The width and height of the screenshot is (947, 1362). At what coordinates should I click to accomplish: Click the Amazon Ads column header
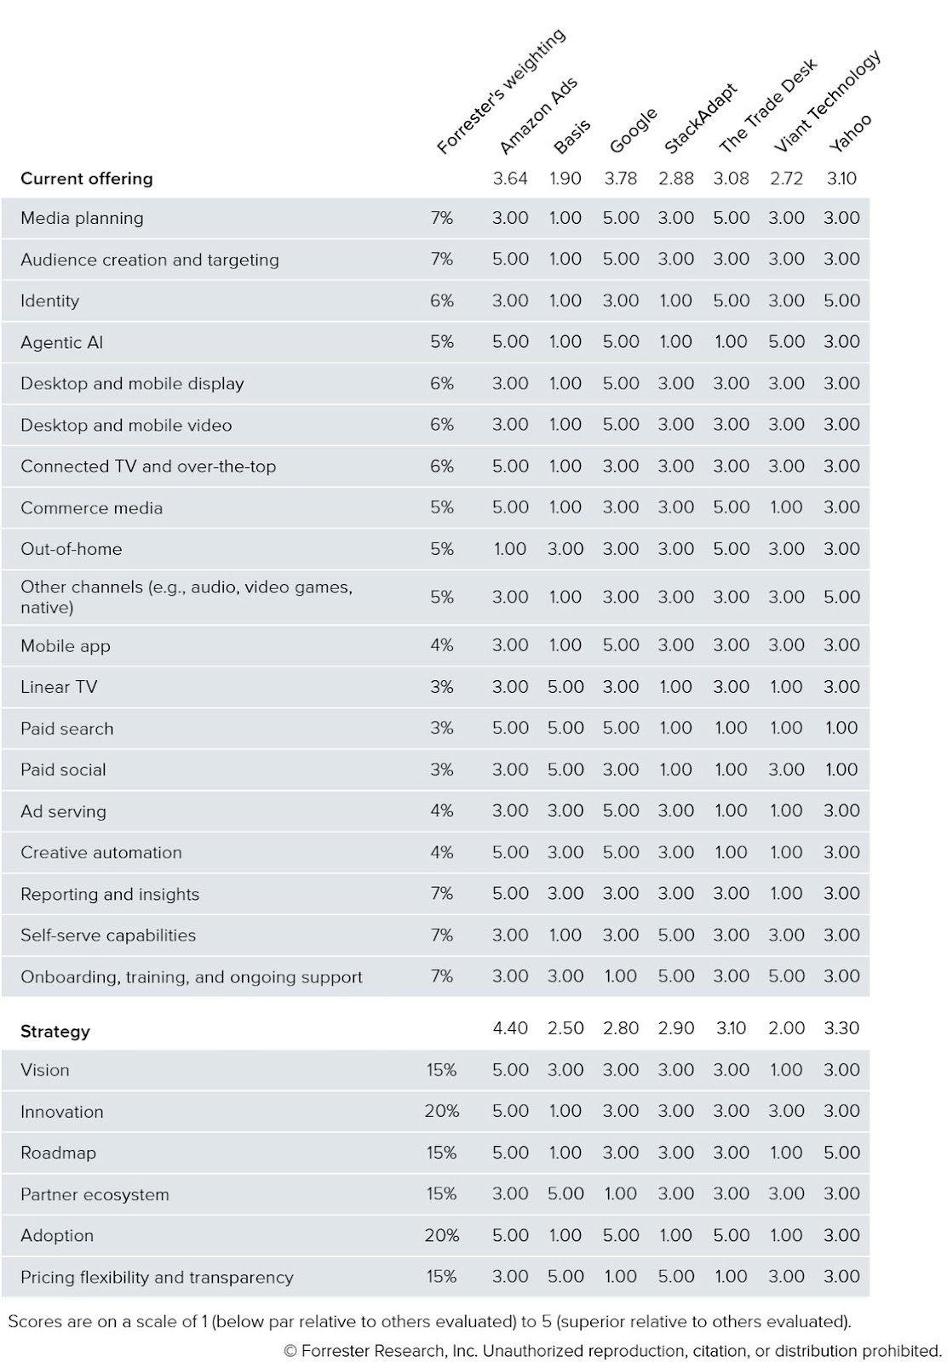[538, 116]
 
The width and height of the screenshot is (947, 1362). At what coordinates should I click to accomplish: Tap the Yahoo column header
[851, 133]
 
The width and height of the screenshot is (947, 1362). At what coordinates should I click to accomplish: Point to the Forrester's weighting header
[501, 91]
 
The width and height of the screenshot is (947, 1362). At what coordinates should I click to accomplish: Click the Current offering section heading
[87, 179]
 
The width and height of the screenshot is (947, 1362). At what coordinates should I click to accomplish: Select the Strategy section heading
[55, 1032]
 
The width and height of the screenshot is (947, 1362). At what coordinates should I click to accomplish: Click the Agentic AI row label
[62, 342]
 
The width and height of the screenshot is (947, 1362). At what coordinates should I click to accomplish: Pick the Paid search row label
[67, 729]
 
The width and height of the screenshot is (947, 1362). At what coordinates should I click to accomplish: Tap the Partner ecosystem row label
[95, 1194]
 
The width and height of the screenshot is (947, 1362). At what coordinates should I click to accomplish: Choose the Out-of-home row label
[72, 549]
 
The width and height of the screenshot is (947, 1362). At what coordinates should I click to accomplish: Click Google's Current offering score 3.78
[620, 179]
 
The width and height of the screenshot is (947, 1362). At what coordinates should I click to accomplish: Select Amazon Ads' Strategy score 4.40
[510, 1028]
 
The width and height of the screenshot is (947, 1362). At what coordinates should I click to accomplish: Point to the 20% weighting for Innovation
[441, 1111]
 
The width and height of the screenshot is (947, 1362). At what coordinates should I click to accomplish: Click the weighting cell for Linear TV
[441, 687]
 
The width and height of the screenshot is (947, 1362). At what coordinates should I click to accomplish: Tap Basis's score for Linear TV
[565, 687]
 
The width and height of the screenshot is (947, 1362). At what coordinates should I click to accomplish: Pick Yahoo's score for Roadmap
[841, 1153]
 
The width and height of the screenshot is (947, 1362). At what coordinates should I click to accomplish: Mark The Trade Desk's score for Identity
[731, 300]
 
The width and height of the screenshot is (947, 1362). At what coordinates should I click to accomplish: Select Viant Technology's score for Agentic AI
[786, 342]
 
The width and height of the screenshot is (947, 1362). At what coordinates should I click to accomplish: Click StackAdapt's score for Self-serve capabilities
[675, 935]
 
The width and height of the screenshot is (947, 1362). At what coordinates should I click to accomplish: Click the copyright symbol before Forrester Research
[290, 1351]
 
